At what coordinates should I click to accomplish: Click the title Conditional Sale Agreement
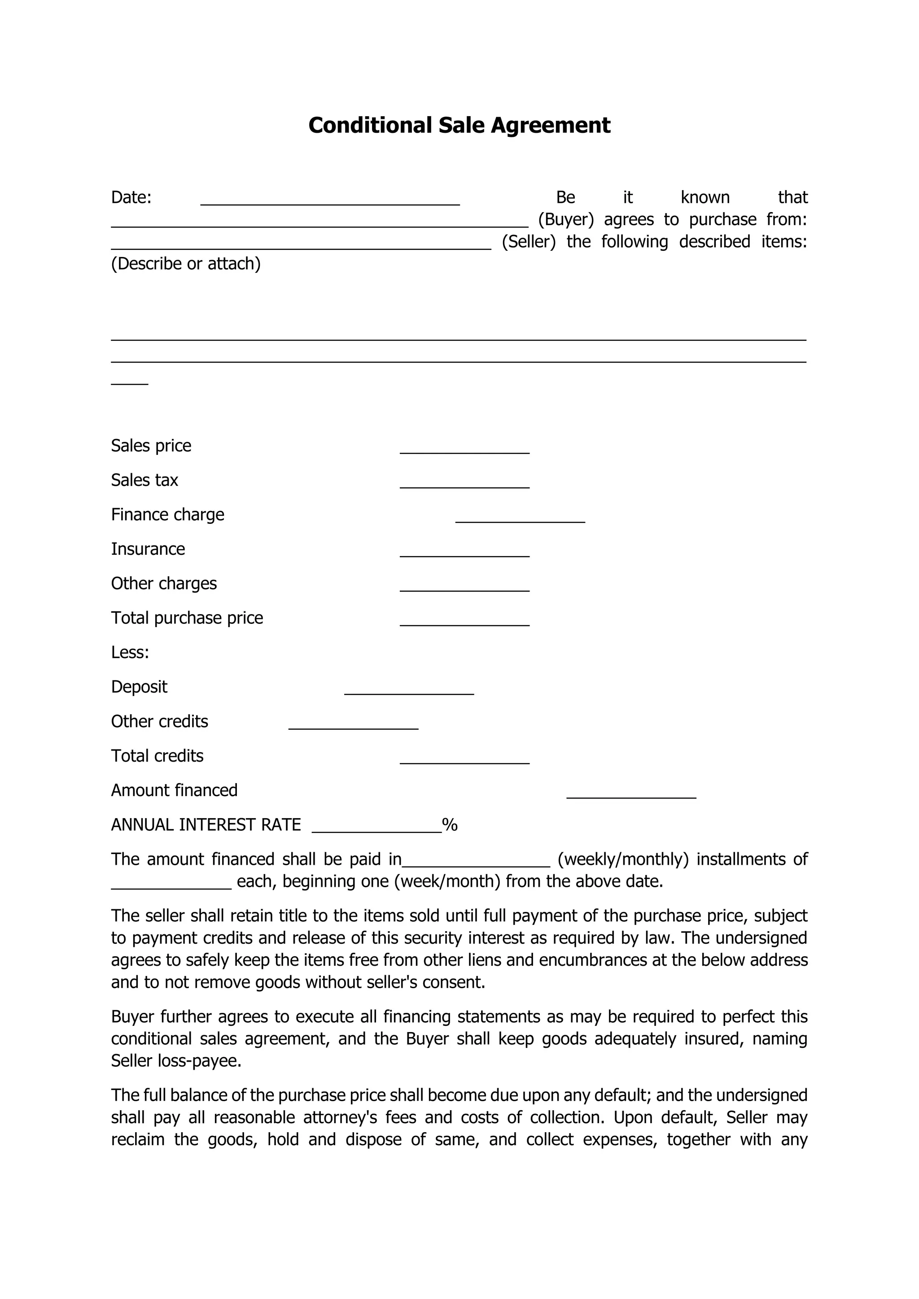point(459,125)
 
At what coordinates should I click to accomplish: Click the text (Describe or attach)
point(186,264)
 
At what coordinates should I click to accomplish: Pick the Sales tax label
point(144,480)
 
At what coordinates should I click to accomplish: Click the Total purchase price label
point(187,618)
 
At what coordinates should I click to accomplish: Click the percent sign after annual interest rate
point(450,825)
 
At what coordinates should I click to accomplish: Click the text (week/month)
point(447,881)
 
